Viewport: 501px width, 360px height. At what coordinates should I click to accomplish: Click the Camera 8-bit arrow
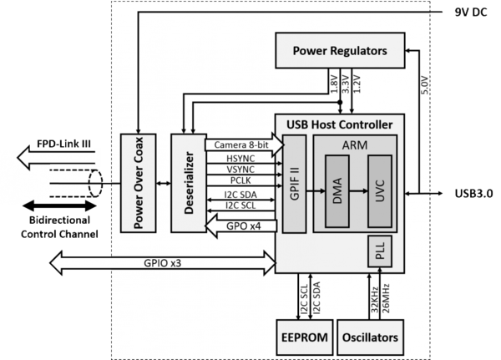coord(242,144)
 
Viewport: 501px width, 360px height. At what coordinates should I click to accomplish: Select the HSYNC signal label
coord(240,159)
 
